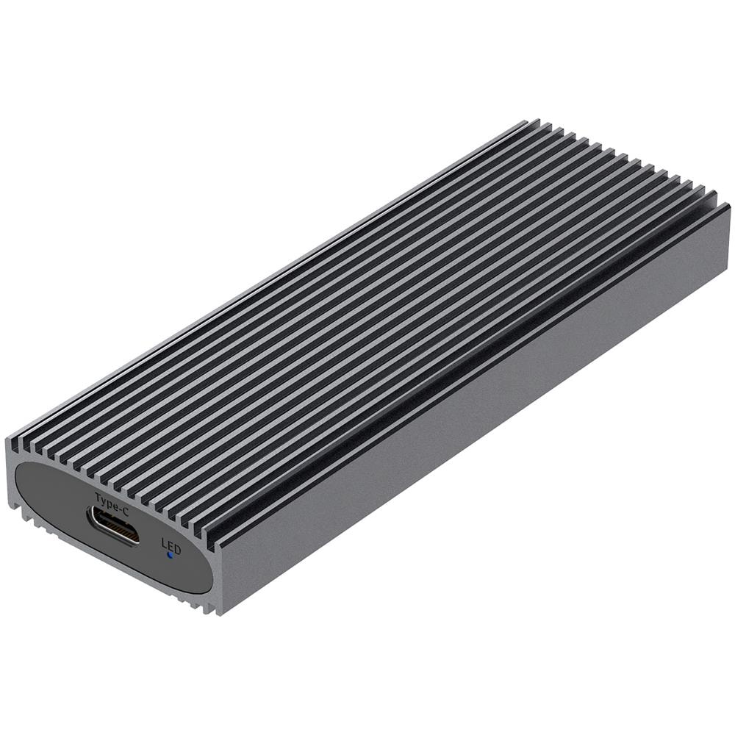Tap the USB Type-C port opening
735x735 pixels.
(113, 526)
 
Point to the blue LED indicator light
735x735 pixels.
(170, 556)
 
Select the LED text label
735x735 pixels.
(171, 545)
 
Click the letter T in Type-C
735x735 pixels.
(98, 496)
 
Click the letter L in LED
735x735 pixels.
(164, 543)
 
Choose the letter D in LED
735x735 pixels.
(177, 548)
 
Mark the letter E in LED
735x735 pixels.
(171, 545)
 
